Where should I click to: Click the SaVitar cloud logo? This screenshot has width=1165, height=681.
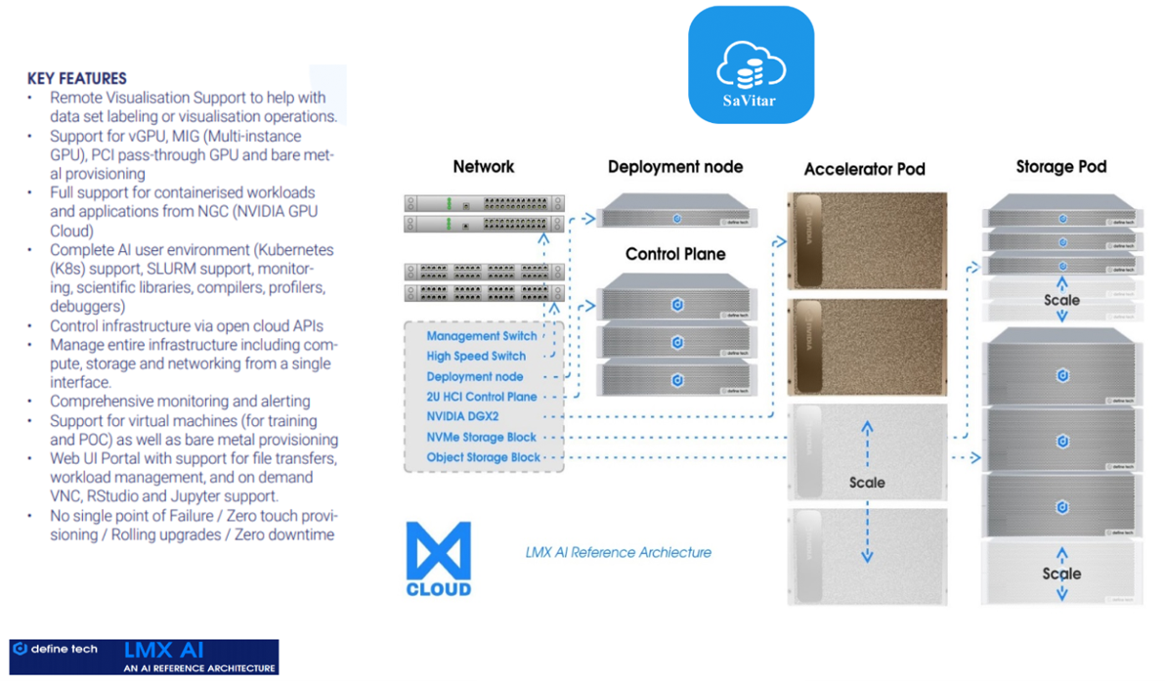point(751,64)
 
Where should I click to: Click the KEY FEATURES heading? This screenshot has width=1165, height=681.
point(77,78)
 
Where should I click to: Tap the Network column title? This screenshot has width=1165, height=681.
point(484,167)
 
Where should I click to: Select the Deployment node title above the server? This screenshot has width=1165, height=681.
point(675,167)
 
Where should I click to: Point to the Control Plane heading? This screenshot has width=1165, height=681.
point(675,254)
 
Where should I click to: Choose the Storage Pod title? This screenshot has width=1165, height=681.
point(1061,167)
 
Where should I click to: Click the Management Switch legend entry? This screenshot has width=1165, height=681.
point(482,336)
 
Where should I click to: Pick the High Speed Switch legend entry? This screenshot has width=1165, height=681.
point(476,357)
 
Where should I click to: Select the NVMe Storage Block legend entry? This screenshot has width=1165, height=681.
point(482,438)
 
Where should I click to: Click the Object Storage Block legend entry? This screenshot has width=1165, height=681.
point(484,457)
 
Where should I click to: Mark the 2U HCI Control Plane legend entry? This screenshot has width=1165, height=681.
point(482,397)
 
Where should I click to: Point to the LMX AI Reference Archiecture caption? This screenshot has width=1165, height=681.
point(618,553)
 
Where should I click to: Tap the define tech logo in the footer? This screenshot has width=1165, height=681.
point(55,649)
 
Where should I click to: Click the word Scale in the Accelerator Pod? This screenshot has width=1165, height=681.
point(867,483)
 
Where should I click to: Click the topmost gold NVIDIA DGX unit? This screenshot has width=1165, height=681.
point(867,239)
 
